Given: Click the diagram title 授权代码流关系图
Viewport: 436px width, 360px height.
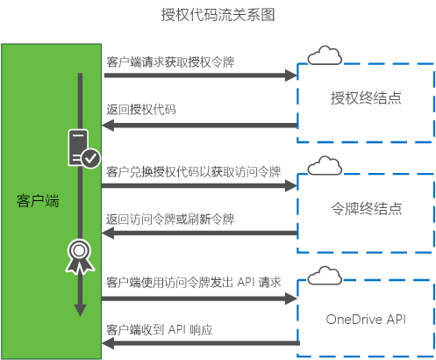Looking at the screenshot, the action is click(x=218, y=15).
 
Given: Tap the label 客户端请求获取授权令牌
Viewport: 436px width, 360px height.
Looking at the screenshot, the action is click(x=170, y=62).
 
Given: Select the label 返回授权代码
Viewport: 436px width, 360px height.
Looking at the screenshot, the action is click(x=141, y=110).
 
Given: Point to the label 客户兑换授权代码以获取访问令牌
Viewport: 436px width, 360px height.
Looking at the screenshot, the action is click(x=194, y=172).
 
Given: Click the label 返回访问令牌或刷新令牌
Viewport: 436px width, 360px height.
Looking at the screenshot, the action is click(x=170, y=220).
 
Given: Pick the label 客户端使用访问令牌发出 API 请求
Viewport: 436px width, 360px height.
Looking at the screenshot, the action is click(x=194, y=283).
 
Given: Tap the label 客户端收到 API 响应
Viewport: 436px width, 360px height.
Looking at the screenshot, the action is click(x=160, y=330).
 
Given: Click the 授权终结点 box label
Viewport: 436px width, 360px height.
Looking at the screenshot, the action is click(x=366, y=97).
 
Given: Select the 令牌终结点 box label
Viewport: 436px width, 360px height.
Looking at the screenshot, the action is click(x=366, y=208).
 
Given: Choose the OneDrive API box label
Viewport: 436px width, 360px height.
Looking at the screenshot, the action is click(x=366, y=320).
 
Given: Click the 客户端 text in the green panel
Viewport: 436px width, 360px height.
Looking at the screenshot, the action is click(x=38, y=201).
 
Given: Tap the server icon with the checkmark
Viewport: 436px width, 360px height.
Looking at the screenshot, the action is click(x=84, y=148).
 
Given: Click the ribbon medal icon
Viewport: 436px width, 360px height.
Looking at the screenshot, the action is click(x=80, y=256).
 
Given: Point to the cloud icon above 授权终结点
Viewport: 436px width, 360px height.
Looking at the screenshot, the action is click(x=325, y=55).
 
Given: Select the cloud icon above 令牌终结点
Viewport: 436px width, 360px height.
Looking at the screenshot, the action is click(x=325, y=165).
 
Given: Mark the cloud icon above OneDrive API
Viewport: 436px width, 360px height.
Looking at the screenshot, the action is click(x=325, y=276).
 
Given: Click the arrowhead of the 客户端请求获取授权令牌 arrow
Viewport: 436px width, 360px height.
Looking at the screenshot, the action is click(x=291, y=76).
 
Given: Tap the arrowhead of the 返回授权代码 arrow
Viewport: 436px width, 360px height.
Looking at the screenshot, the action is click(x=108, y=126).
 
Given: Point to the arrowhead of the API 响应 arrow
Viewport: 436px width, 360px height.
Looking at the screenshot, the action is click(x=108, y=343).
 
